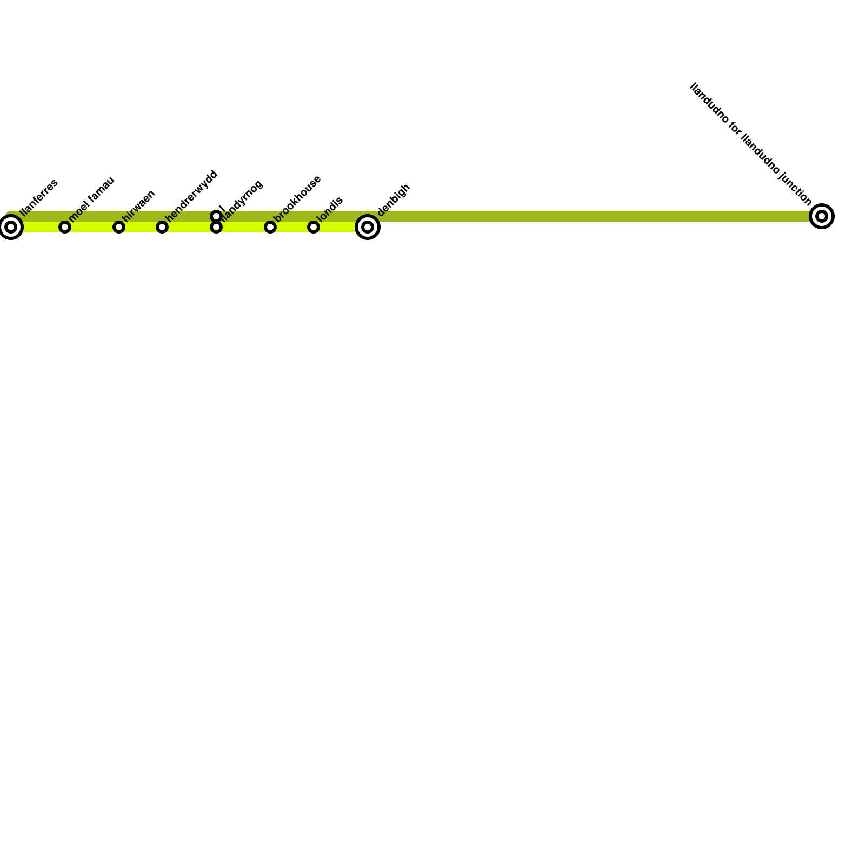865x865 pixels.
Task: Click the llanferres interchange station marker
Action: point(11,227)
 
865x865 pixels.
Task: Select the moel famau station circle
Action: point(65,227)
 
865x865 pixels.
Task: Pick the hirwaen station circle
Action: point(119,227)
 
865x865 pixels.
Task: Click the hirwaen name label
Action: point(139,205)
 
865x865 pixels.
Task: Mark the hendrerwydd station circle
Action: point(162,227)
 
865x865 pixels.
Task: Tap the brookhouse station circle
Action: point(270,227)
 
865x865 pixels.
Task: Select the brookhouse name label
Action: point(297,198)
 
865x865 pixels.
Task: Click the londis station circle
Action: point(314,227)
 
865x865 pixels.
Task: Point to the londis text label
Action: point(329,209)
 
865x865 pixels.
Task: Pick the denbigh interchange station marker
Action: point(368,227)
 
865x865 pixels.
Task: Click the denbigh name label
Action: point(394,201)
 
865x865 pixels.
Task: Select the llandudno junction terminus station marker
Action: point(822,216)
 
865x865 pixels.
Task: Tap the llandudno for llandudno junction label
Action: point(751,144)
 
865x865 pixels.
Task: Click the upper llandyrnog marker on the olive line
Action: point(216,216)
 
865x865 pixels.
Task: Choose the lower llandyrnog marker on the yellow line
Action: point(216,228)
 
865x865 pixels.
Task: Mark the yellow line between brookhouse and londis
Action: point(292,228)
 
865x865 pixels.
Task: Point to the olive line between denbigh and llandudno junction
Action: point(595,216)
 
